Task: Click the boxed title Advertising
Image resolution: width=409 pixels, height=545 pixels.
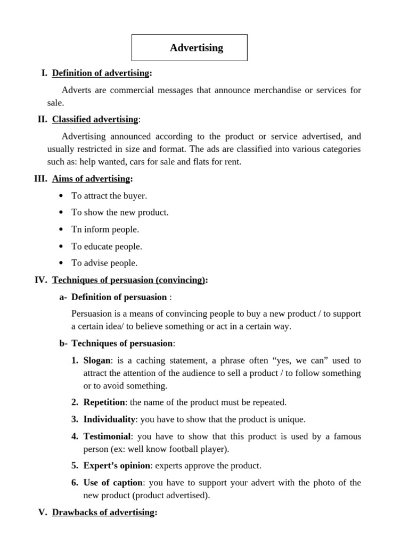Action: [196, 48]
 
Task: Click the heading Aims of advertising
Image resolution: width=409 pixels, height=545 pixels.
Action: [91, 179]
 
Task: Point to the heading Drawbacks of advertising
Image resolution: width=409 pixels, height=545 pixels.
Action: [103, 513]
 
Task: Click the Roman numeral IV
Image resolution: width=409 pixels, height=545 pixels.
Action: [41, 280]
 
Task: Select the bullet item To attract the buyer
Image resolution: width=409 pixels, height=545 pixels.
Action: [109, 196]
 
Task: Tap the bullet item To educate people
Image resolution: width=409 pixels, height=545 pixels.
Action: [107, 246]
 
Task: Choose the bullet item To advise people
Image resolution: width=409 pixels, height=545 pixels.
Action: [104, 263]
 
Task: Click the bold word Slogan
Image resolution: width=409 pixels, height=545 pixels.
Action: [97, 360]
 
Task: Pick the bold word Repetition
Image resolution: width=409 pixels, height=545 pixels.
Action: [104, 402]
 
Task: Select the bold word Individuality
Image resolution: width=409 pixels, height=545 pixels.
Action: [109, 419]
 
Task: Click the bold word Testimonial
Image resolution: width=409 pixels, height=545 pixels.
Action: [107, 436]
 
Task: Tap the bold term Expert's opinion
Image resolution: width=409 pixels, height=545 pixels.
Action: [117, 466]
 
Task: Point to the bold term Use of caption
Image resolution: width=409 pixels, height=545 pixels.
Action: [113, 483]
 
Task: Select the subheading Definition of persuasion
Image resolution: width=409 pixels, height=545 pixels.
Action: [119, 297]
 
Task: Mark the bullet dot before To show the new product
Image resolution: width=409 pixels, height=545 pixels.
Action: [61, 213]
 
